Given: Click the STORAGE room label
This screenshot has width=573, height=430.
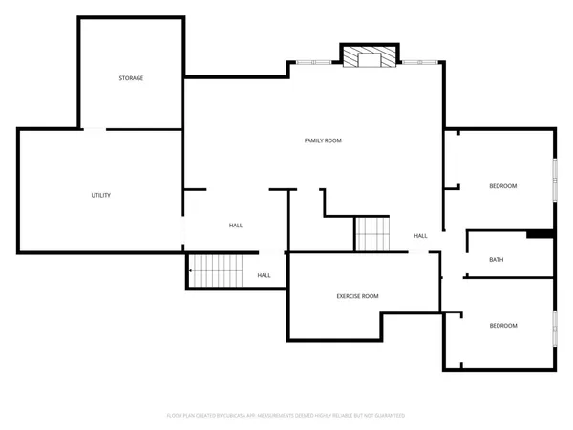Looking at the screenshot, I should pos(131,77).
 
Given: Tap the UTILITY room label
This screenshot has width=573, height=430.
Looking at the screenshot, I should pos(101,195).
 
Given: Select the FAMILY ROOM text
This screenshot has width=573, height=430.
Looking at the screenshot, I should pos(323,140).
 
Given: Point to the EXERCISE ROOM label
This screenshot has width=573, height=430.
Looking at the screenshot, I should pos(357,296).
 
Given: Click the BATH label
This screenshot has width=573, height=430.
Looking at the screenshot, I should pos(496,259).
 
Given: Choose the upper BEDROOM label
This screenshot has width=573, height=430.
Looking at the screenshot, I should pos(503,186).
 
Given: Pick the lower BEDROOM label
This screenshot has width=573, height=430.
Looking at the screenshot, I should pos(503,326).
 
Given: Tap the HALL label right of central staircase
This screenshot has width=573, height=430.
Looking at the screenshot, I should pos(420,235).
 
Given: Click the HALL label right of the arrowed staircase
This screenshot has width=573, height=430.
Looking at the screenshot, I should pos(264,275).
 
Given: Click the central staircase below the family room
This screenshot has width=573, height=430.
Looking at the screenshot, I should pos(373,234).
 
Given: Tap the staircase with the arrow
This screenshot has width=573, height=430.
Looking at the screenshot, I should pos(223,270).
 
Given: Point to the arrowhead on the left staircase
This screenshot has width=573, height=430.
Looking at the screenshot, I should pos(192,270).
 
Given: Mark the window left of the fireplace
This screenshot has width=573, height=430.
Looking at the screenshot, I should pos(316,63).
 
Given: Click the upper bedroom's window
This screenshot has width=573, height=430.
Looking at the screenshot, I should pos(554,179).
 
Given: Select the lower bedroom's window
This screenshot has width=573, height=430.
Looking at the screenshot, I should pos(554,328).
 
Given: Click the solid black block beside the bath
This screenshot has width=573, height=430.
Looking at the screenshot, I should pos(540,233).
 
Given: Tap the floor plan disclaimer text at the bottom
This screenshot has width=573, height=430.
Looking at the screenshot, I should pos(286,416).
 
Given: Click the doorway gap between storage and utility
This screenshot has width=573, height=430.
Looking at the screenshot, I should pos(95,129).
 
